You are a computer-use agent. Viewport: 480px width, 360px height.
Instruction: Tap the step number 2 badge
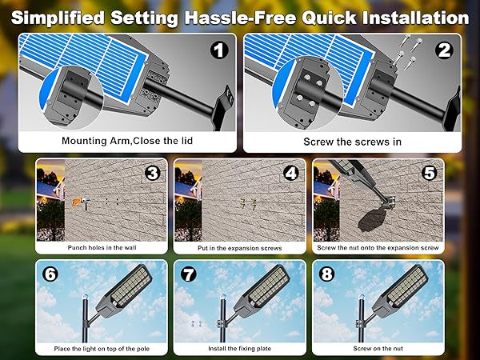click(444, 50)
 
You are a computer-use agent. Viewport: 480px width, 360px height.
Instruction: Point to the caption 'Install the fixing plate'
click(239, 350)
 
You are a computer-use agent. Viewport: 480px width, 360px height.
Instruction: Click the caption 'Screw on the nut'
click(377, 350)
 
